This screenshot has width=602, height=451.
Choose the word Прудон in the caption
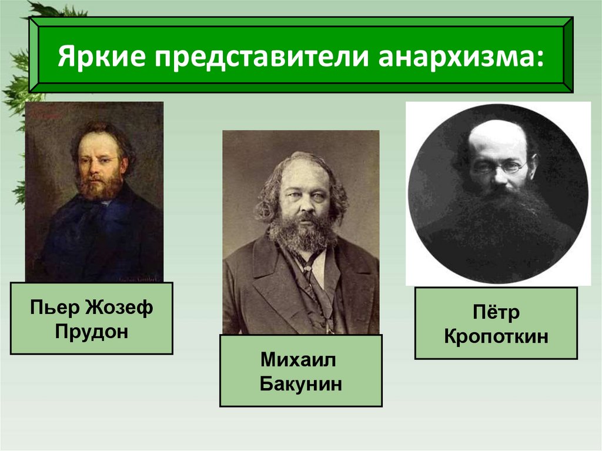tap(91, 330)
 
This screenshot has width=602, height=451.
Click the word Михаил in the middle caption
tap(301, 361)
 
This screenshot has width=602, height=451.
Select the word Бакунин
tap(301, 385)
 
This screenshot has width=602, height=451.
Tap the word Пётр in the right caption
tap(496, 313)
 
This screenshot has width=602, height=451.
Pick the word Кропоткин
tap(496, 336)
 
